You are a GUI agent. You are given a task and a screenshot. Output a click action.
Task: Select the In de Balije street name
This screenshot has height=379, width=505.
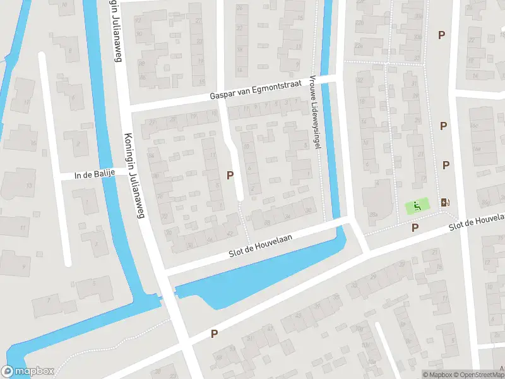(95, 175)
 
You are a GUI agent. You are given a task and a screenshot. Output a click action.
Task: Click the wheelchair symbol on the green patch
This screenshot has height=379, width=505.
(417, 205)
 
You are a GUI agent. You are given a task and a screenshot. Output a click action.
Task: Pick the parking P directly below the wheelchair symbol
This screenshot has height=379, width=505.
(415, 227)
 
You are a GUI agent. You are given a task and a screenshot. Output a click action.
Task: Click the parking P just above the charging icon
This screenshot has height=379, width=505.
(446, 165)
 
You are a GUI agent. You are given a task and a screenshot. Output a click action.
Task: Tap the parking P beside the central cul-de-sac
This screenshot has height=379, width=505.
(230, 175)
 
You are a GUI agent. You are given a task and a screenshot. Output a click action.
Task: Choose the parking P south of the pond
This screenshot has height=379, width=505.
(214, 334)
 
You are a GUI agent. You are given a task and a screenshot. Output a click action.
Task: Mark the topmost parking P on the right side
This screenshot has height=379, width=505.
(441, 35)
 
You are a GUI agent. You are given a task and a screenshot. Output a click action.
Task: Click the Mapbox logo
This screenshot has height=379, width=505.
(28, 371)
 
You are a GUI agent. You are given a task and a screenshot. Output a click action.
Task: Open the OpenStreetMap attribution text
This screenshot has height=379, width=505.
(480, 375)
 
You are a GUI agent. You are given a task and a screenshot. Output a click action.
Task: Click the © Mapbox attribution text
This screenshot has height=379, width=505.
(437, 375)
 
